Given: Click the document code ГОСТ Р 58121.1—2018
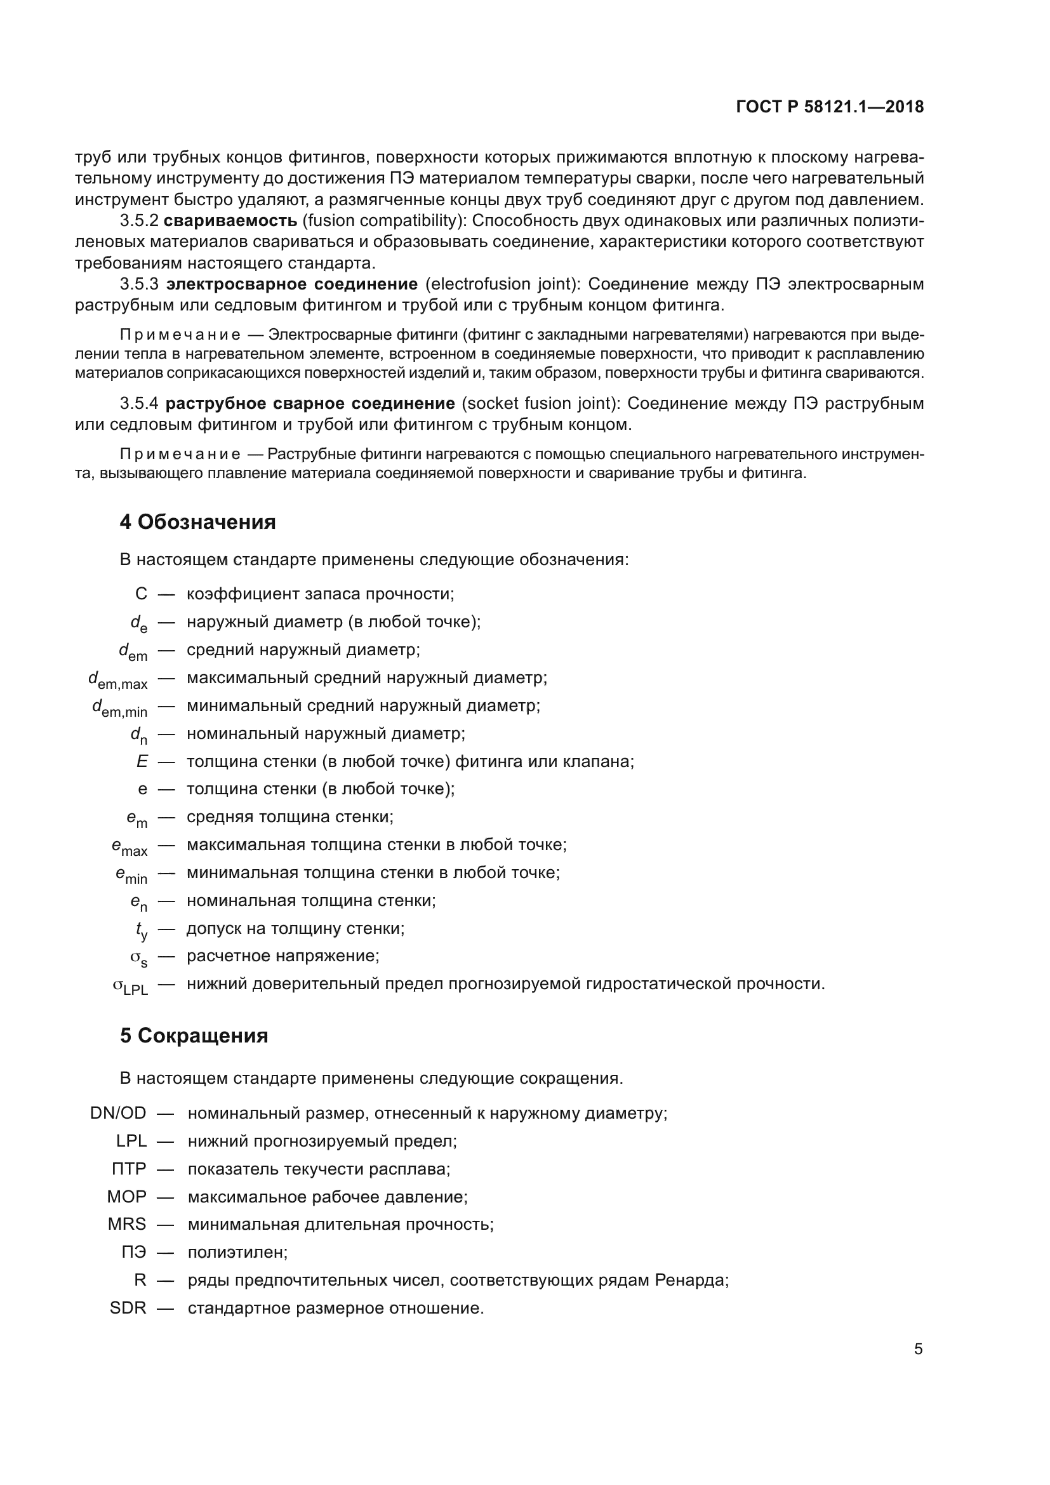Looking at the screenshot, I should [x=830, y=107].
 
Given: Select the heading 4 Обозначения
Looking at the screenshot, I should [x=197, y=522].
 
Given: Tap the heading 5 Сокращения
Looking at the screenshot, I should [x=194, y=1036].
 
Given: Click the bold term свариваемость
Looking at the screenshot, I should [x=230, y=220].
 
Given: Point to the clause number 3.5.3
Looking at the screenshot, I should [x=139, y=284].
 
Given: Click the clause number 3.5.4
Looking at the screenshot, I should [x=139, y=404].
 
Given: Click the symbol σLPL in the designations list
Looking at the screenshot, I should [x=130, y=986].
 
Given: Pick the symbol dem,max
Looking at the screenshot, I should [x=117, y=680].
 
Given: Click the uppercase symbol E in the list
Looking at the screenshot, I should [x=142, y=762].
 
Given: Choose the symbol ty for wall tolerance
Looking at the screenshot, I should [x=141, y=930].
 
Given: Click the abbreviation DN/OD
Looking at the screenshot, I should [x=118, y=1113].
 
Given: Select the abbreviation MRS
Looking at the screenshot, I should [x=128, y=1224].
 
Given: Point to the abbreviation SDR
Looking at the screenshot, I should [x=128, y=1308].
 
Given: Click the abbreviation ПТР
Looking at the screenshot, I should [x=129, y=1169].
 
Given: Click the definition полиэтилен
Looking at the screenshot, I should [x=237, y=1252].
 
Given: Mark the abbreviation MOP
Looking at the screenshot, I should [x=127, y=1197].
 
